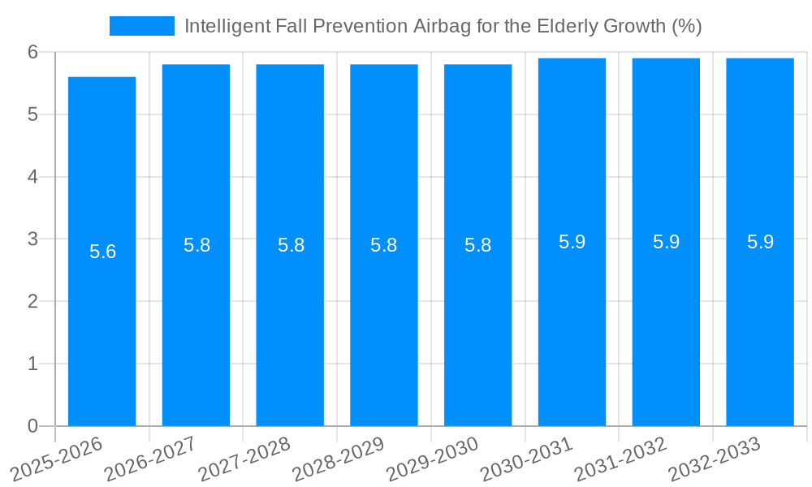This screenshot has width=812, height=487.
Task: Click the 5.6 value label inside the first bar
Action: [103, 252]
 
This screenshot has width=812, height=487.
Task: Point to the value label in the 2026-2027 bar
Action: [197, 245]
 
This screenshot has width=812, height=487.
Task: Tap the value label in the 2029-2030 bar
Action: [478, 245]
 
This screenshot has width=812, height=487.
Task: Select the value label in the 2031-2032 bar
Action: [667, 242]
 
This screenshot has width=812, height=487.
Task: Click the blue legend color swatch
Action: [142, 26]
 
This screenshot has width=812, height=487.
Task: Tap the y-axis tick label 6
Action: [32, 52]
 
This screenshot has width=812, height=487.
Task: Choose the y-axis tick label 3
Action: [32, 239]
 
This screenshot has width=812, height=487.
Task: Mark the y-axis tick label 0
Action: [32, 426]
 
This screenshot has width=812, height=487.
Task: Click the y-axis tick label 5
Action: [32, 114]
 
